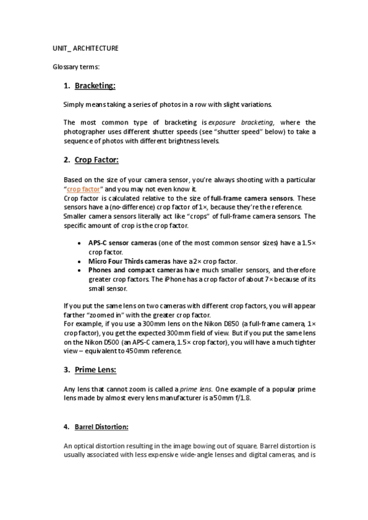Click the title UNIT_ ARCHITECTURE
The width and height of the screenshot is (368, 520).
(85, 48)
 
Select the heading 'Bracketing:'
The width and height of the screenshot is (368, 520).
(95, 86)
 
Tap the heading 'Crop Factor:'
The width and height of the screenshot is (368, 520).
(96, 161)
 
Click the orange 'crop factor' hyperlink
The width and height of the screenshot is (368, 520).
(83, 189)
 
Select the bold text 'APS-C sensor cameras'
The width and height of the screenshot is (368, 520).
(122, 243)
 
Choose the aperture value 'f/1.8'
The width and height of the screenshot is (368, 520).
(241, 397)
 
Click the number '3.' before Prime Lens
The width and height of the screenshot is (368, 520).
(67, 370)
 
